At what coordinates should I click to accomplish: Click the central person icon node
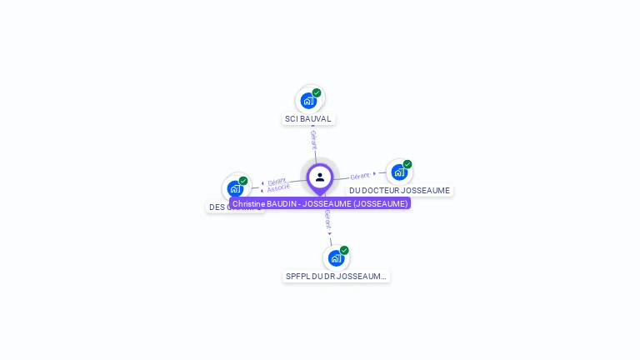[320, 177]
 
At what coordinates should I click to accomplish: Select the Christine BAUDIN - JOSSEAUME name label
[320, 203]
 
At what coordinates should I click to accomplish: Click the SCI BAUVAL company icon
[308, 101]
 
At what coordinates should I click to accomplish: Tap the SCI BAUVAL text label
[308, 119]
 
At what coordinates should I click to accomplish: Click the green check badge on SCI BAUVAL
[317, 92]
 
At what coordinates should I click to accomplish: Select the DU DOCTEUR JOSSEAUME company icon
[399, 172]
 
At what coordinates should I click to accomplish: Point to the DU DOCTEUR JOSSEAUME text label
[399, 191]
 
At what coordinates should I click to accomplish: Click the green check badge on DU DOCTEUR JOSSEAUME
[407, 164]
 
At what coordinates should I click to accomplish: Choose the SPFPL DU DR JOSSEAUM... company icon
[336, 258]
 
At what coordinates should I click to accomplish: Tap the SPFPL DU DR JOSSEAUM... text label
[336, 277]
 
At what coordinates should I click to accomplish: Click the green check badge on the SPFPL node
[344, 250]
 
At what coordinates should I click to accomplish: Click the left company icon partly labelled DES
[235, 188]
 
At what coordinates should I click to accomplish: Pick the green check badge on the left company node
[243, 181]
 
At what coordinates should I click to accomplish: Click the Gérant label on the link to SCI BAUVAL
[313, 139]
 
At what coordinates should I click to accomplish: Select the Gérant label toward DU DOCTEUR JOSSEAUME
[360, 176]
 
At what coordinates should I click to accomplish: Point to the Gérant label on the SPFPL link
[327, 218]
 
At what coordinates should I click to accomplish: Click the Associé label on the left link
[278, 188]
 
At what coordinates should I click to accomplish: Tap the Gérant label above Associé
[277, 181]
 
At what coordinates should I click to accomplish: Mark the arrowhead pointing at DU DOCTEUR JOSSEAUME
[375, 173]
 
